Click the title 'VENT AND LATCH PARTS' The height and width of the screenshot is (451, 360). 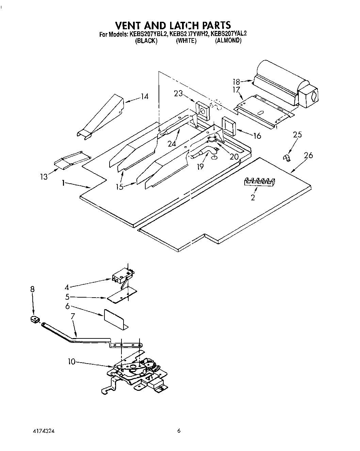tap(173, 25)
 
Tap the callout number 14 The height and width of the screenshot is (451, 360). tap(145, 97)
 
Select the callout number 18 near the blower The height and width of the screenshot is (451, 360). tap(236, 82)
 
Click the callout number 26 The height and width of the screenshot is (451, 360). tap(308, 155)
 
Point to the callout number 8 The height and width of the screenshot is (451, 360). tap(32, 289)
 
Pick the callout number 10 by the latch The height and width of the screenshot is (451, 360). tap(71, 362)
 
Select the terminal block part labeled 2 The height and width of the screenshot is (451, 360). tap(260, 182)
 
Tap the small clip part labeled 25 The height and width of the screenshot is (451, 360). tap(287, 157)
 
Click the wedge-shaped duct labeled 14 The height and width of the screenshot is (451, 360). tap(100, 116)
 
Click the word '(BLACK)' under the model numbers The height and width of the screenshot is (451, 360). tap(146, 41)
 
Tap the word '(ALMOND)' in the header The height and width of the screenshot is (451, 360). tap(228, 41)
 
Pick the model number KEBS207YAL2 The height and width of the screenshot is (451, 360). tap(228, 34)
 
